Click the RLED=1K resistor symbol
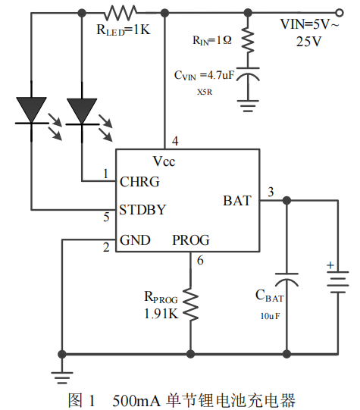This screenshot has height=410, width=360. pos(121,13)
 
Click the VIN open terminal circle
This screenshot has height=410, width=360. pos(339,13)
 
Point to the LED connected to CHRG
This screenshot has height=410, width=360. pos(82,112)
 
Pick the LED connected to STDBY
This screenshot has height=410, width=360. pos(31,111)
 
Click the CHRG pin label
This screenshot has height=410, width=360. pos(139,182)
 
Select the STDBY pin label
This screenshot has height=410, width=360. pos(142,210)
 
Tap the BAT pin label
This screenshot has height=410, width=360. pos(237,201)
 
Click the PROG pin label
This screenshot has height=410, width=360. pos(191,240)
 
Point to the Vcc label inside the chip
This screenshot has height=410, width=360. pos(164,161)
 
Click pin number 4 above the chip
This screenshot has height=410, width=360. pos(175,141)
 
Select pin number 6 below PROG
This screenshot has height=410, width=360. pos(200,261)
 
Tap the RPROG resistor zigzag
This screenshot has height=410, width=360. pos(190,304)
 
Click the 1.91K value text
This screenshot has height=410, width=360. pos(161,313)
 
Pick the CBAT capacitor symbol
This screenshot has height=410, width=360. pos(286,280)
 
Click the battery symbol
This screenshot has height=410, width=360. pos(338,282)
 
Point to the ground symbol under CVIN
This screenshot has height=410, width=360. pos(248,106)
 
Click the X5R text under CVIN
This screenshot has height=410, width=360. pos(205,92)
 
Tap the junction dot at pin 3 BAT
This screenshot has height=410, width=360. pos(286,201)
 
